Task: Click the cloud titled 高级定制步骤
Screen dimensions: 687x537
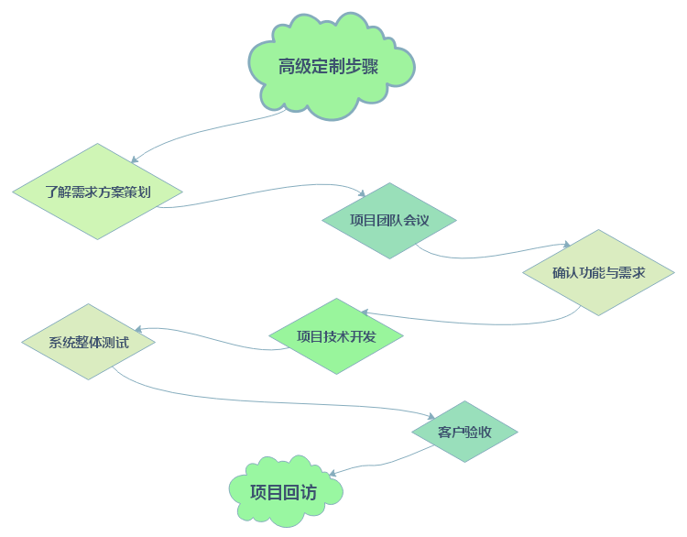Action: pos(332,67)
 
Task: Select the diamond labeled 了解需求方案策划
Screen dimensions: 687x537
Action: pos(97,192)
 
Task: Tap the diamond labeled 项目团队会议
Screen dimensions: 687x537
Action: pos(389,221)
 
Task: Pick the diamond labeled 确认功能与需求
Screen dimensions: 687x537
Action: pos(598,273)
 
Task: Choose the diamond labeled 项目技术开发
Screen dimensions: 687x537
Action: pos(336,336)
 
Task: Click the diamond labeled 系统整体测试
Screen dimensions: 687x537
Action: pos(89,342)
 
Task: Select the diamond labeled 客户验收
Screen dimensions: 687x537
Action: pos(464,432)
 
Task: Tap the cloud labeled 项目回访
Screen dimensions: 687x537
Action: pos(285,491)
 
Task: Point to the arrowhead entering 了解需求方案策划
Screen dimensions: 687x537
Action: pos(135,159)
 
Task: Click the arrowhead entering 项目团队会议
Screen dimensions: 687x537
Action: pos(362,192)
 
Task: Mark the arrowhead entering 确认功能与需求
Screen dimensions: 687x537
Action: pos(566,244)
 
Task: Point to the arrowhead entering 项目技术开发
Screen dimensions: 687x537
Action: pos(365,312)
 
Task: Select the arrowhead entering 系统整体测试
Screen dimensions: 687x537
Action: pos(138,329)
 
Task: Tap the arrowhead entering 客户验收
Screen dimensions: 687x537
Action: pos(431,416)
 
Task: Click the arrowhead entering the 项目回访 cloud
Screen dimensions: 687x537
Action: pos(333,474)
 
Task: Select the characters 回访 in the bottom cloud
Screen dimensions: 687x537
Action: pos(300,492)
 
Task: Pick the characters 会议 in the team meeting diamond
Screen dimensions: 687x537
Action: pos(416,220)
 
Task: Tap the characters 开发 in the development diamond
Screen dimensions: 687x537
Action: pos(363,336)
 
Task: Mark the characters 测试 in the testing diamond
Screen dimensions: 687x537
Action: pos(115,343)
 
